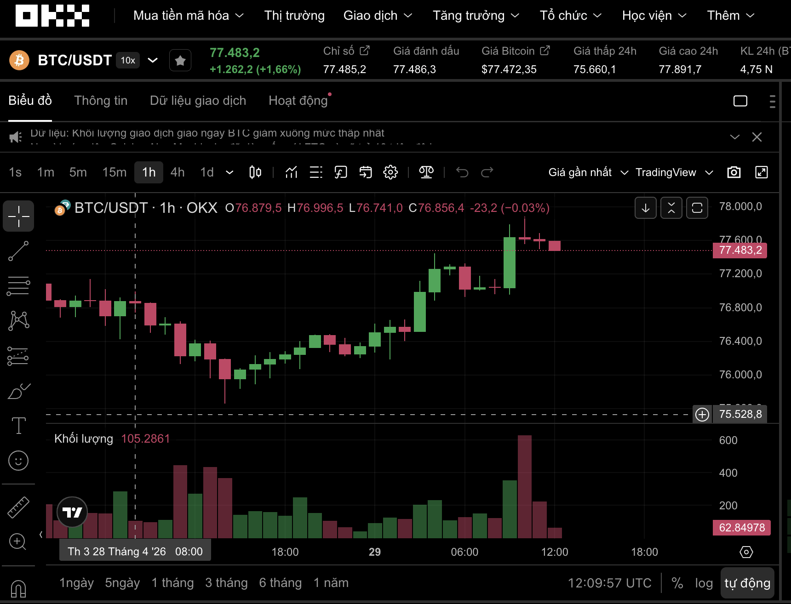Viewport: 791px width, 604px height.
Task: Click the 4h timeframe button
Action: (178, 172)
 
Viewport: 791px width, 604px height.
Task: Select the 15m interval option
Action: (114, 172)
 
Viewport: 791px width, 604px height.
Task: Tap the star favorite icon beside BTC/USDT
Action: (180, 60)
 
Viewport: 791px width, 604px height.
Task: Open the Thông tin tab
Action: (101, 101)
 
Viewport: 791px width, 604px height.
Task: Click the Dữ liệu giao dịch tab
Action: (198, 101)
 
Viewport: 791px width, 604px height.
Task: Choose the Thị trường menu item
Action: (294, 16)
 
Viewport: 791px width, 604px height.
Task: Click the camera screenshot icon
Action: (734, 172)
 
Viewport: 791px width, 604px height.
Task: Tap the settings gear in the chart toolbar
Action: (390, 172)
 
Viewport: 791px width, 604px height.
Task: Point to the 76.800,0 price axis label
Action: (740, 308)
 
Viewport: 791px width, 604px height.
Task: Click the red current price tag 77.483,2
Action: (740, 251)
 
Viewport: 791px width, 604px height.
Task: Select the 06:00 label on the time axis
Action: (464, 552)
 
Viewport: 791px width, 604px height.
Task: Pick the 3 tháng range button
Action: (226, 583)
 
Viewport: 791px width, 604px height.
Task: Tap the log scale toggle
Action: (704, 583)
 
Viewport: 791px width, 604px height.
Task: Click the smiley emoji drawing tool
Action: (18, 461)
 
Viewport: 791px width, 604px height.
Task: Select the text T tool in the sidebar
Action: (18, 426)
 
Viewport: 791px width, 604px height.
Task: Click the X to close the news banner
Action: (757, 137)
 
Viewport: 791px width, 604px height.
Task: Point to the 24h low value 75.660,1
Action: (594, 69)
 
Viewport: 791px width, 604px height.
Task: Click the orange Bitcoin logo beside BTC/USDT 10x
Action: (19, 60)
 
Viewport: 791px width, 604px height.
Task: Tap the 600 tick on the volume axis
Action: (728, 440)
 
